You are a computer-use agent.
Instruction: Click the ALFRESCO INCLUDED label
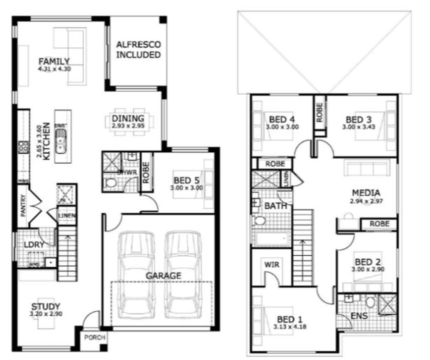pyautogui.click(x=138, y=50)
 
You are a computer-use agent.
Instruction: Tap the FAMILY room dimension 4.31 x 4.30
pyautogui.click(x=54, y=69)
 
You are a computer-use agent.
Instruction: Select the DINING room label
pyautogui.click(x=128, y=118)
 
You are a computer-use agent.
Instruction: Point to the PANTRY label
pyautogui.click(x=23, y=206)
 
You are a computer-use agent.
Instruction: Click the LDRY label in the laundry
pyautogui.click(x=34, y=245)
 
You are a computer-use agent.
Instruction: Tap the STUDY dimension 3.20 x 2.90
pyautogui.click(x=46, y=314)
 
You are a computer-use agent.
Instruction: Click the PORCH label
pyautogui.click(x=95, y=337)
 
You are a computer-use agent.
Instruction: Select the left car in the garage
pyautogui.click(x=136, y=275)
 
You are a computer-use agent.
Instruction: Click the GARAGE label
pyautogui.click(x=163, y=276)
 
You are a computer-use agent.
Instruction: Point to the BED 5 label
pyautogui.click(x=186, y=181)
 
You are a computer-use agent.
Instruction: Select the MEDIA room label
pyautogui.click(x=366, y=193)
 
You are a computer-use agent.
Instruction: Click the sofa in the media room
pyautogui.click(x=367, y=168)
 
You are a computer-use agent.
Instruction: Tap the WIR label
pyautogui.click(x=272, y=265)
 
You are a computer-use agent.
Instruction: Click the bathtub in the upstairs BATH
pyautogui.click(x=272, y=238)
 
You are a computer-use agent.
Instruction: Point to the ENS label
pyautogui.click(x=359, y=315)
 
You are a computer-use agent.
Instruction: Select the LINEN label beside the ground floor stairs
pyautogui.click(x=67, y=216)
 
